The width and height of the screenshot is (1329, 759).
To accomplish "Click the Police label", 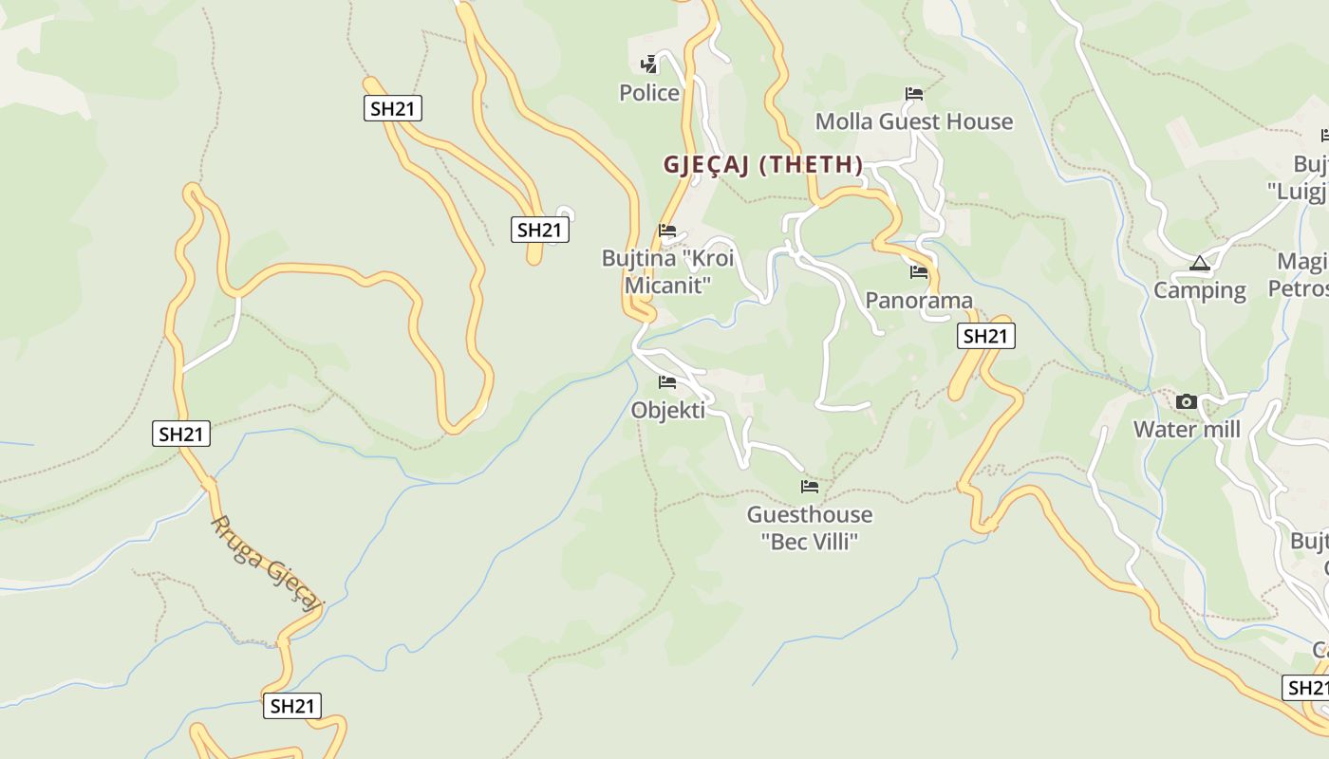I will (649, 93).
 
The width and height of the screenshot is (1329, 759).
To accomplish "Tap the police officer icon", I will (649, 65).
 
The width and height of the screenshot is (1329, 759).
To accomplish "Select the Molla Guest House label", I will (914, 121).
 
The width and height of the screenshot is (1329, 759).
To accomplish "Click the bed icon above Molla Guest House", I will (914, 94).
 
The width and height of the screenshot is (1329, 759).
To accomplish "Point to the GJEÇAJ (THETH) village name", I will (763, 165).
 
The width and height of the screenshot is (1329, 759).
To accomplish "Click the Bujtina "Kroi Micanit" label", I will (667, 271).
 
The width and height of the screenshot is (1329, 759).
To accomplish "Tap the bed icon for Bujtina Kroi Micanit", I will (667, 231).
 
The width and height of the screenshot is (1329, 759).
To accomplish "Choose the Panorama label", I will (918, 301).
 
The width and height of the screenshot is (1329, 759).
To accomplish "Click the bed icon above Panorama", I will (918, 272).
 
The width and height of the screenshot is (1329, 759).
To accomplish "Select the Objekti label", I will (667, 410).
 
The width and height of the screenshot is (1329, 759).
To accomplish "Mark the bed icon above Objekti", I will (667, 382).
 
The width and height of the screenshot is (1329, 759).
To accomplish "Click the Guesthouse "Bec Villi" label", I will (809, 528).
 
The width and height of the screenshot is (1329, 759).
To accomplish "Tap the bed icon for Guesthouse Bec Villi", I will (809, 487).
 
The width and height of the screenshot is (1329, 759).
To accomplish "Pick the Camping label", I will (1199, 290).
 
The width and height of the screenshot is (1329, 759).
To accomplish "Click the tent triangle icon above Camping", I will (1199, 263).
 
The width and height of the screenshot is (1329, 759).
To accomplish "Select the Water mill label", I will (1187, 430).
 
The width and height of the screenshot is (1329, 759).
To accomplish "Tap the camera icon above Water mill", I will (1186, 402).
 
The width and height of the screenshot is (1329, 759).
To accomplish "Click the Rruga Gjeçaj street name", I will (267, 563).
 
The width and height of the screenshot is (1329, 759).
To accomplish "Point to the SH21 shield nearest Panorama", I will (984, 336).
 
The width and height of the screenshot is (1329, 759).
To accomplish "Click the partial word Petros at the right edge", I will (1298, 288).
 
